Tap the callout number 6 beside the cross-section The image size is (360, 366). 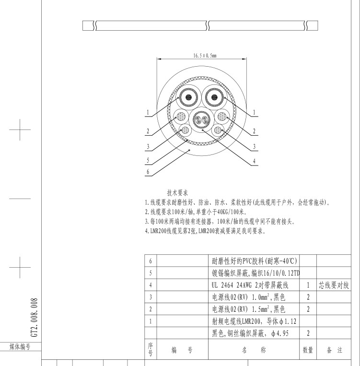click(x=148, y=172)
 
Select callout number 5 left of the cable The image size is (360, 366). click(x=148, y=160)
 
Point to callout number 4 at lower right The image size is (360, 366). click(x=255, y=161)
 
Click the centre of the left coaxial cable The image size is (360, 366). click(x=188, y=97)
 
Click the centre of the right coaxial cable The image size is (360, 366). click(x=214, y=97)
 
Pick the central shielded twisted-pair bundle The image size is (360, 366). click(x=202, y=120)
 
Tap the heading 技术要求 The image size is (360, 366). click(x=177, y=193)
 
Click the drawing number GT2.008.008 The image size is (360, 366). click(x=34, y=318)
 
